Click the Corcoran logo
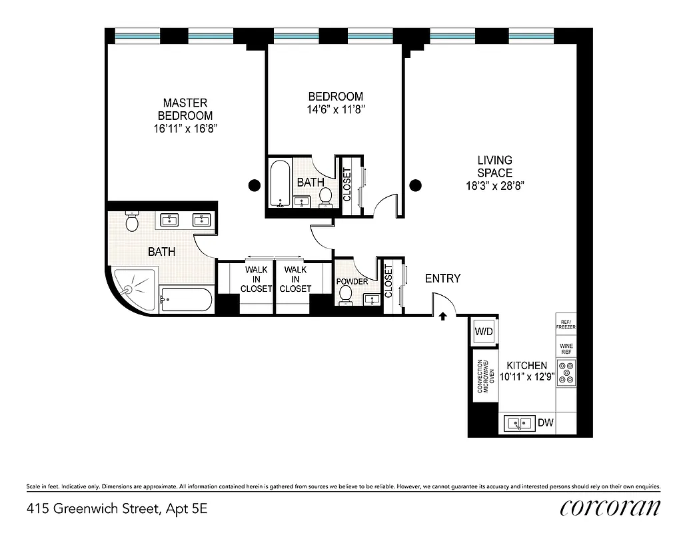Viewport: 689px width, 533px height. point(610,508)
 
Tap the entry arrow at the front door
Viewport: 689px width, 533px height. point(442,316)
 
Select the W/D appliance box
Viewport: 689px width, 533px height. point(483,331)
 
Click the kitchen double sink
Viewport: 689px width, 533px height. point(519,422)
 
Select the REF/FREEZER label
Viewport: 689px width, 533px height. point(565,326)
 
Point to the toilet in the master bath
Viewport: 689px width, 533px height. point(132,222)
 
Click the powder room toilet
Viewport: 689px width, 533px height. point(345,297)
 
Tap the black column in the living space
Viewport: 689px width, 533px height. point(415,185)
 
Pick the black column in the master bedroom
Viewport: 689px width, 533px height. point(254,185)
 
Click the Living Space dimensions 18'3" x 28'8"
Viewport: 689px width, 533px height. point(494,187)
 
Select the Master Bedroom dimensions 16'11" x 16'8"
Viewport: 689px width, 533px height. point(185,129)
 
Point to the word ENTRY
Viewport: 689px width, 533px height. point(442,278)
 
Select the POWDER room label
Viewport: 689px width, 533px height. point(352,281)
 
